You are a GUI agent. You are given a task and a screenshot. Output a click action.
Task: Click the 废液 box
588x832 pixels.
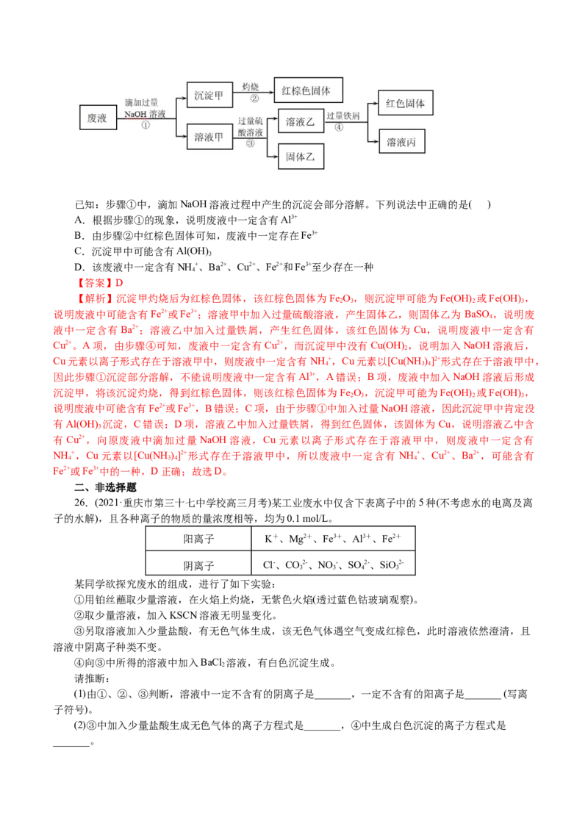98,118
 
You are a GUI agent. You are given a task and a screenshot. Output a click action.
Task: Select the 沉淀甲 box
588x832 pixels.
209,95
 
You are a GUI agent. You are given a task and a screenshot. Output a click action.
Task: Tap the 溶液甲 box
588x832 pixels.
209,137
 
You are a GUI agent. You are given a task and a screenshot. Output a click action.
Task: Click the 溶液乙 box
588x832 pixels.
301,123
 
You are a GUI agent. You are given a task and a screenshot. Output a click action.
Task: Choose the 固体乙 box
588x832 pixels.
301,157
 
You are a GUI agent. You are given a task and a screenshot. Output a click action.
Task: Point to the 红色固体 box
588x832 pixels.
405,104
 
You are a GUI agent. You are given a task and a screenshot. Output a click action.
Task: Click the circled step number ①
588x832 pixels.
146,125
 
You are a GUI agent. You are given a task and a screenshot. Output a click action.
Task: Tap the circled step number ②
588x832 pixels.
254,98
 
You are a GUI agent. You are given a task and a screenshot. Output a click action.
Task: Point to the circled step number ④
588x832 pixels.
339,126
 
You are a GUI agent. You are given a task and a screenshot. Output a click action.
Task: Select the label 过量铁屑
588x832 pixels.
343,115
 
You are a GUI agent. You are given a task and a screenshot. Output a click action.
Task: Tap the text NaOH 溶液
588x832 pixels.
145,114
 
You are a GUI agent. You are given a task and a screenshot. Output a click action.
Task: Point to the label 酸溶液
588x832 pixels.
251,132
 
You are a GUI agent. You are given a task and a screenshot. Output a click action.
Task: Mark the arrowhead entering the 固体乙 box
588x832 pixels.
275,157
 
